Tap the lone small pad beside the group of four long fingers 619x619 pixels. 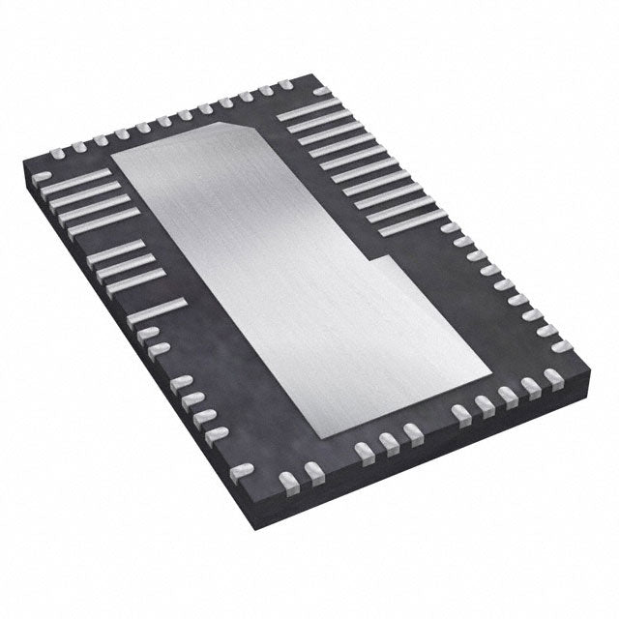pyautogui.click(x=57, y=152)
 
